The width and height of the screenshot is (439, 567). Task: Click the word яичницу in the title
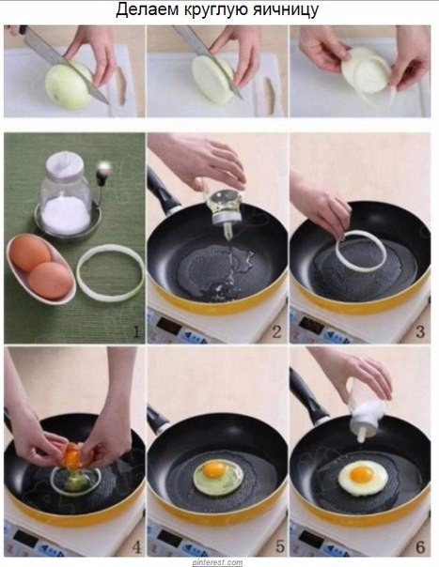click(286, 10)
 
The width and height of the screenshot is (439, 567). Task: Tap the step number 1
click(135, 331)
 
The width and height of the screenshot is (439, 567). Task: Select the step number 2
click(277, 331)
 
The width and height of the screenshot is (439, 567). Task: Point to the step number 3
click(420, 331)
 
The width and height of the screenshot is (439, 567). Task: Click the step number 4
click(136, 547)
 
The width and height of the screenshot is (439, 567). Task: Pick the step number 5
click(280, 546)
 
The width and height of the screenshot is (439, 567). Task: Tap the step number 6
click(420, 546)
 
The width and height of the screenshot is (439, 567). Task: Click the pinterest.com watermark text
click(217, 562)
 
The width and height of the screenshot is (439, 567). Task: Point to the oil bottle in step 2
click(225, 207)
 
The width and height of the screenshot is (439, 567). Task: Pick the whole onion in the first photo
click(69, 85)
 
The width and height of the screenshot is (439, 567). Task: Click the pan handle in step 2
click(163, 192)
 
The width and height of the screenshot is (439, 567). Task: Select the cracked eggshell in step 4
click(74, 453)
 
